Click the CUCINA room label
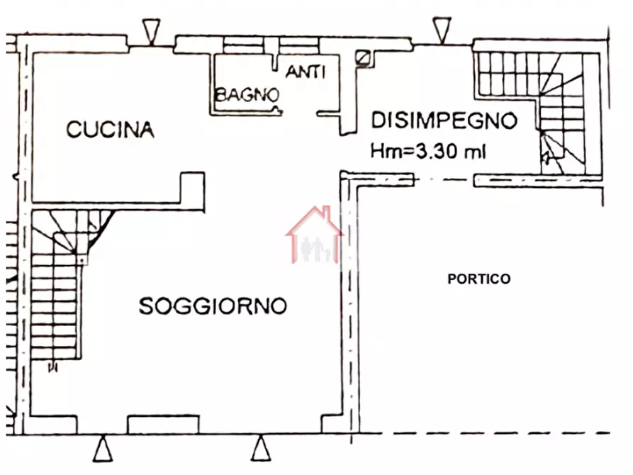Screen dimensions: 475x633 click(x=110, y=130)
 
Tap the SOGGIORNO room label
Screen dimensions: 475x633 click(x=213, y=306)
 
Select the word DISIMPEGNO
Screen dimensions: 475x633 click(x=444, y=121)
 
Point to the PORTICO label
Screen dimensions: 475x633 click(x=478, y=279)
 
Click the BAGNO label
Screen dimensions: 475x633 click(x=247, y=94)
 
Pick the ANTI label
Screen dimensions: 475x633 click(x=306, y=72)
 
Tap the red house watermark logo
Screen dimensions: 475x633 click(x=315, y=235)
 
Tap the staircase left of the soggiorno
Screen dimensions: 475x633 click(x=55, y=298)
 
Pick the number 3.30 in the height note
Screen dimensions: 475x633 click(x=434, y=150)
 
